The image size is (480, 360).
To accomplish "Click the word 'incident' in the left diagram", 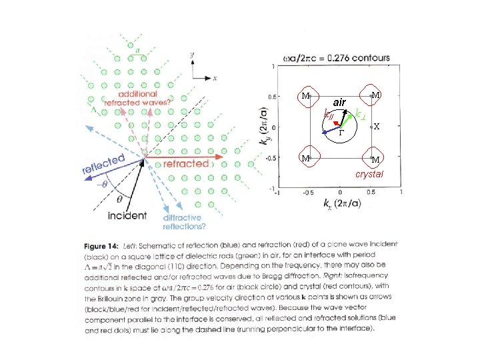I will click(x=127, y=215).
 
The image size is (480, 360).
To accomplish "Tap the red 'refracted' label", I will click(x=182, y=163).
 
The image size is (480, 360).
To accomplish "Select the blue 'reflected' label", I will click(x=104, y=165).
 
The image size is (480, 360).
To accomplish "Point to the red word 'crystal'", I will click(x=369, y=173).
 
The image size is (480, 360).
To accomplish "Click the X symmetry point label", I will click(x=377, y=126).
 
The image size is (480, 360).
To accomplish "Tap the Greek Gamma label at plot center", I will click(x=341, y=133).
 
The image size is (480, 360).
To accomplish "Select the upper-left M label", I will click(x=305, y=97).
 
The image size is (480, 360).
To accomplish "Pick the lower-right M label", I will click(x=375, y=159).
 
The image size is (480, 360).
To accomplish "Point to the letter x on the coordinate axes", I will click(x=215, y=77).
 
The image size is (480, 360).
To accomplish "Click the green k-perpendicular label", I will click(x=361, y=113).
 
